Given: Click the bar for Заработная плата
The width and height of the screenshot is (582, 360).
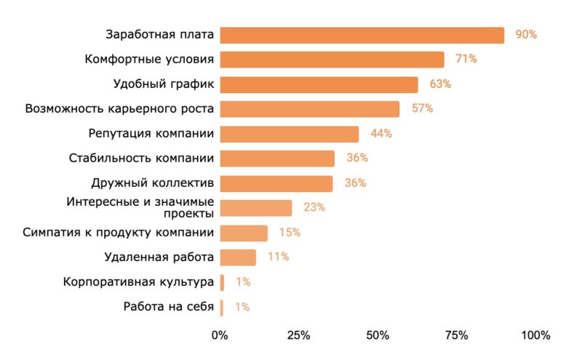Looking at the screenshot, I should click(362, 35).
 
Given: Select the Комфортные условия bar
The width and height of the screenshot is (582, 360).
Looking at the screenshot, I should click(332, 60).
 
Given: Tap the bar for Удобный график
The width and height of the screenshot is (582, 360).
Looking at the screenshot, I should click(319, 84).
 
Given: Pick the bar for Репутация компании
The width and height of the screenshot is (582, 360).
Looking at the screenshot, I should click(289, 134).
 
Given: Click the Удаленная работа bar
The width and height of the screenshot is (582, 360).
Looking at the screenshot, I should click(238, 257).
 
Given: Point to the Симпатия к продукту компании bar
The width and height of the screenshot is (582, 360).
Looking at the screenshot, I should click(244, 233).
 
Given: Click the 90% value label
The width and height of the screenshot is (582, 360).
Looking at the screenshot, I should click(525, 35).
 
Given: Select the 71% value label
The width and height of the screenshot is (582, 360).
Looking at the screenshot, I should click(466, 60).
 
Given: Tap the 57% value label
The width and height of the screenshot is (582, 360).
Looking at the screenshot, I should click(422, 109).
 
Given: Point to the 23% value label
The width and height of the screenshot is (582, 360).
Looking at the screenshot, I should click(314, 208).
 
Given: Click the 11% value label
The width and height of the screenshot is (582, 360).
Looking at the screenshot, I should click(279, 257).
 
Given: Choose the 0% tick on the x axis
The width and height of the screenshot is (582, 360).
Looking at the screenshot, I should click(219, 335).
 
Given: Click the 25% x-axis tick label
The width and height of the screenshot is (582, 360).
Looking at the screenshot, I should click(298, 335).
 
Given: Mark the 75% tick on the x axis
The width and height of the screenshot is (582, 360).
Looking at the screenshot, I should click(456, 335).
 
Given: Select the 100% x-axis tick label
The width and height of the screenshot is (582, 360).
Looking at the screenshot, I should click(535, 335).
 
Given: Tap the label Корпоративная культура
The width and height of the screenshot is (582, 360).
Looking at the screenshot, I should click(138, 282).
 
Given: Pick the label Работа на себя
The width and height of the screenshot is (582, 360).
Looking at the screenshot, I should click(169, 307).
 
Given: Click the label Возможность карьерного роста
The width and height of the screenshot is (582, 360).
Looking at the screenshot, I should click(119, 109).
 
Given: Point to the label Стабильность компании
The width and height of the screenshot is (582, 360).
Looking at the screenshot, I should click(141, 159).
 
